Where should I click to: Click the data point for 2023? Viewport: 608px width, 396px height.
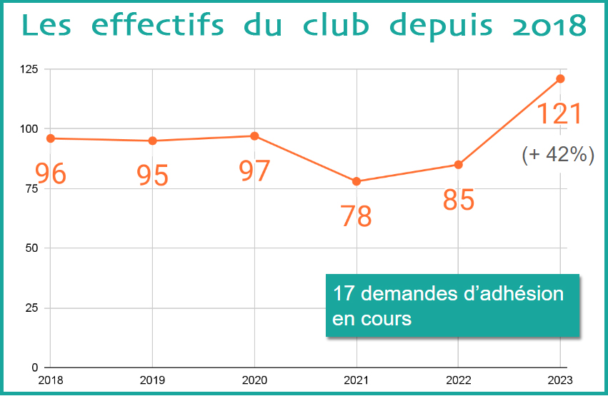(560, 79)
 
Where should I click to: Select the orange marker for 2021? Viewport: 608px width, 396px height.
(357, 181)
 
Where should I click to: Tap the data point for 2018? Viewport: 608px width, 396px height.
(51, 138)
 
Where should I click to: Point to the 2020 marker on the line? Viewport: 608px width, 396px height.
(254, 136)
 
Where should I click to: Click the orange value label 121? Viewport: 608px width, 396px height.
(559, 114)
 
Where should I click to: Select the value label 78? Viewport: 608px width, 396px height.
(356, 216)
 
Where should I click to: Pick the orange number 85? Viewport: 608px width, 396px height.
(459, 200)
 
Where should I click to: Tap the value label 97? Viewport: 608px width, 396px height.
(254, 171)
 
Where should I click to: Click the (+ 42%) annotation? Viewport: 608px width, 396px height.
(558, 155)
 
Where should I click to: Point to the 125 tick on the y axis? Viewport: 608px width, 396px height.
(29, 69)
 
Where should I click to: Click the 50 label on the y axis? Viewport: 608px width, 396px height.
(32, 248)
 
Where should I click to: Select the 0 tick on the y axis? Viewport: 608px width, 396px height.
(35, 367)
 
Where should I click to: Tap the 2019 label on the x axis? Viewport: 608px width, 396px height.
(152, 380)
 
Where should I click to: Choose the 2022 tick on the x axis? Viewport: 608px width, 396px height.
(459, 380)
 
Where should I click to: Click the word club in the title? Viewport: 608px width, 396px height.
(336, 26)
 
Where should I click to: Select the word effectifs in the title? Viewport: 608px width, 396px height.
(158, 25)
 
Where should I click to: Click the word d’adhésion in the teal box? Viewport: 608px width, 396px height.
(514, 293)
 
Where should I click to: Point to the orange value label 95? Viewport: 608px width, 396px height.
(152, 176)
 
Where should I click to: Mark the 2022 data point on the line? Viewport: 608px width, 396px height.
(459, 165)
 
